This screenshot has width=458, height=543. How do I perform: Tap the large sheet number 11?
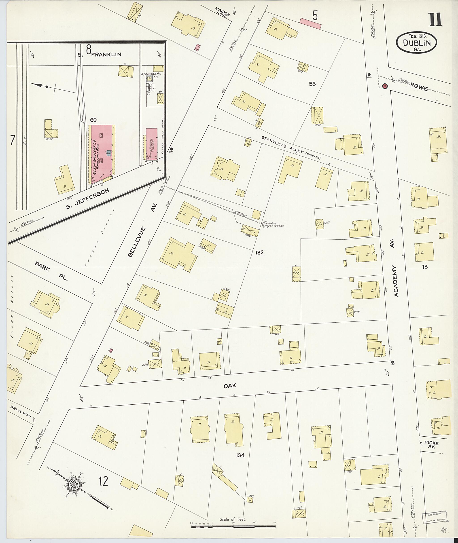tap(435, 20)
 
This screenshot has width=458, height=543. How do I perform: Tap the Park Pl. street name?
tap(51, 271)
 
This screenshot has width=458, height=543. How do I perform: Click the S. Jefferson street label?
tap(87, 199)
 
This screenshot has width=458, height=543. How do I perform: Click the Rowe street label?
tap(419, 87)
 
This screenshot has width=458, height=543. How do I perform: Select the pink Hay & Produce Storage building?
tap(151, 144)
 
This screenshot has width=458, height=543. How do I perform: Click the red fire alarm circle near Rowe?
tap(385, 86)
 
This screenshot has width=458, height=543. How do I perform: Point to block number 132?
tap(259, 253)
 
